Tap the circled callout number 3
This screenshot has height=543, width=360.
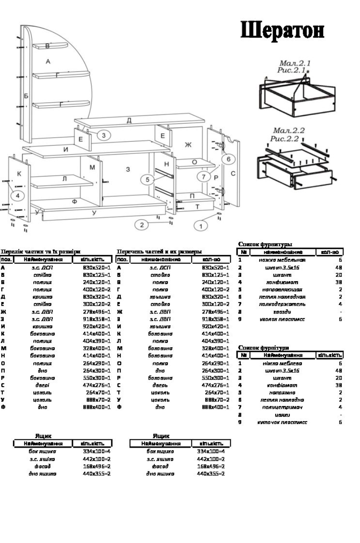coord(104,135)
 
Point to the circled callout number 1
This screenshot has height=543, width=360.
coord(201,226)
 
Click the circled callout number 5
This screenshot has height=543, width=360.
coord(148,179)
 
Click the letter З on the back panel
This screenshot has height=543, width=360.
coord(128,169)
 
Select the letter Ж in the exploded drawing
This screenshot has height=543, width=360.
coord(188,145)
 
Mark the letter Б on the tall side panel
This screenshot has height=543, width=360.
coord(26,95)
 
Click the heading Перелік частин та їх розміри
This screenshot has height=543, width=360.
coord(40,251)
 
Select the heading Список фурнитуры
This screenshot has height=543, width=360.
coord(265,244)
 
